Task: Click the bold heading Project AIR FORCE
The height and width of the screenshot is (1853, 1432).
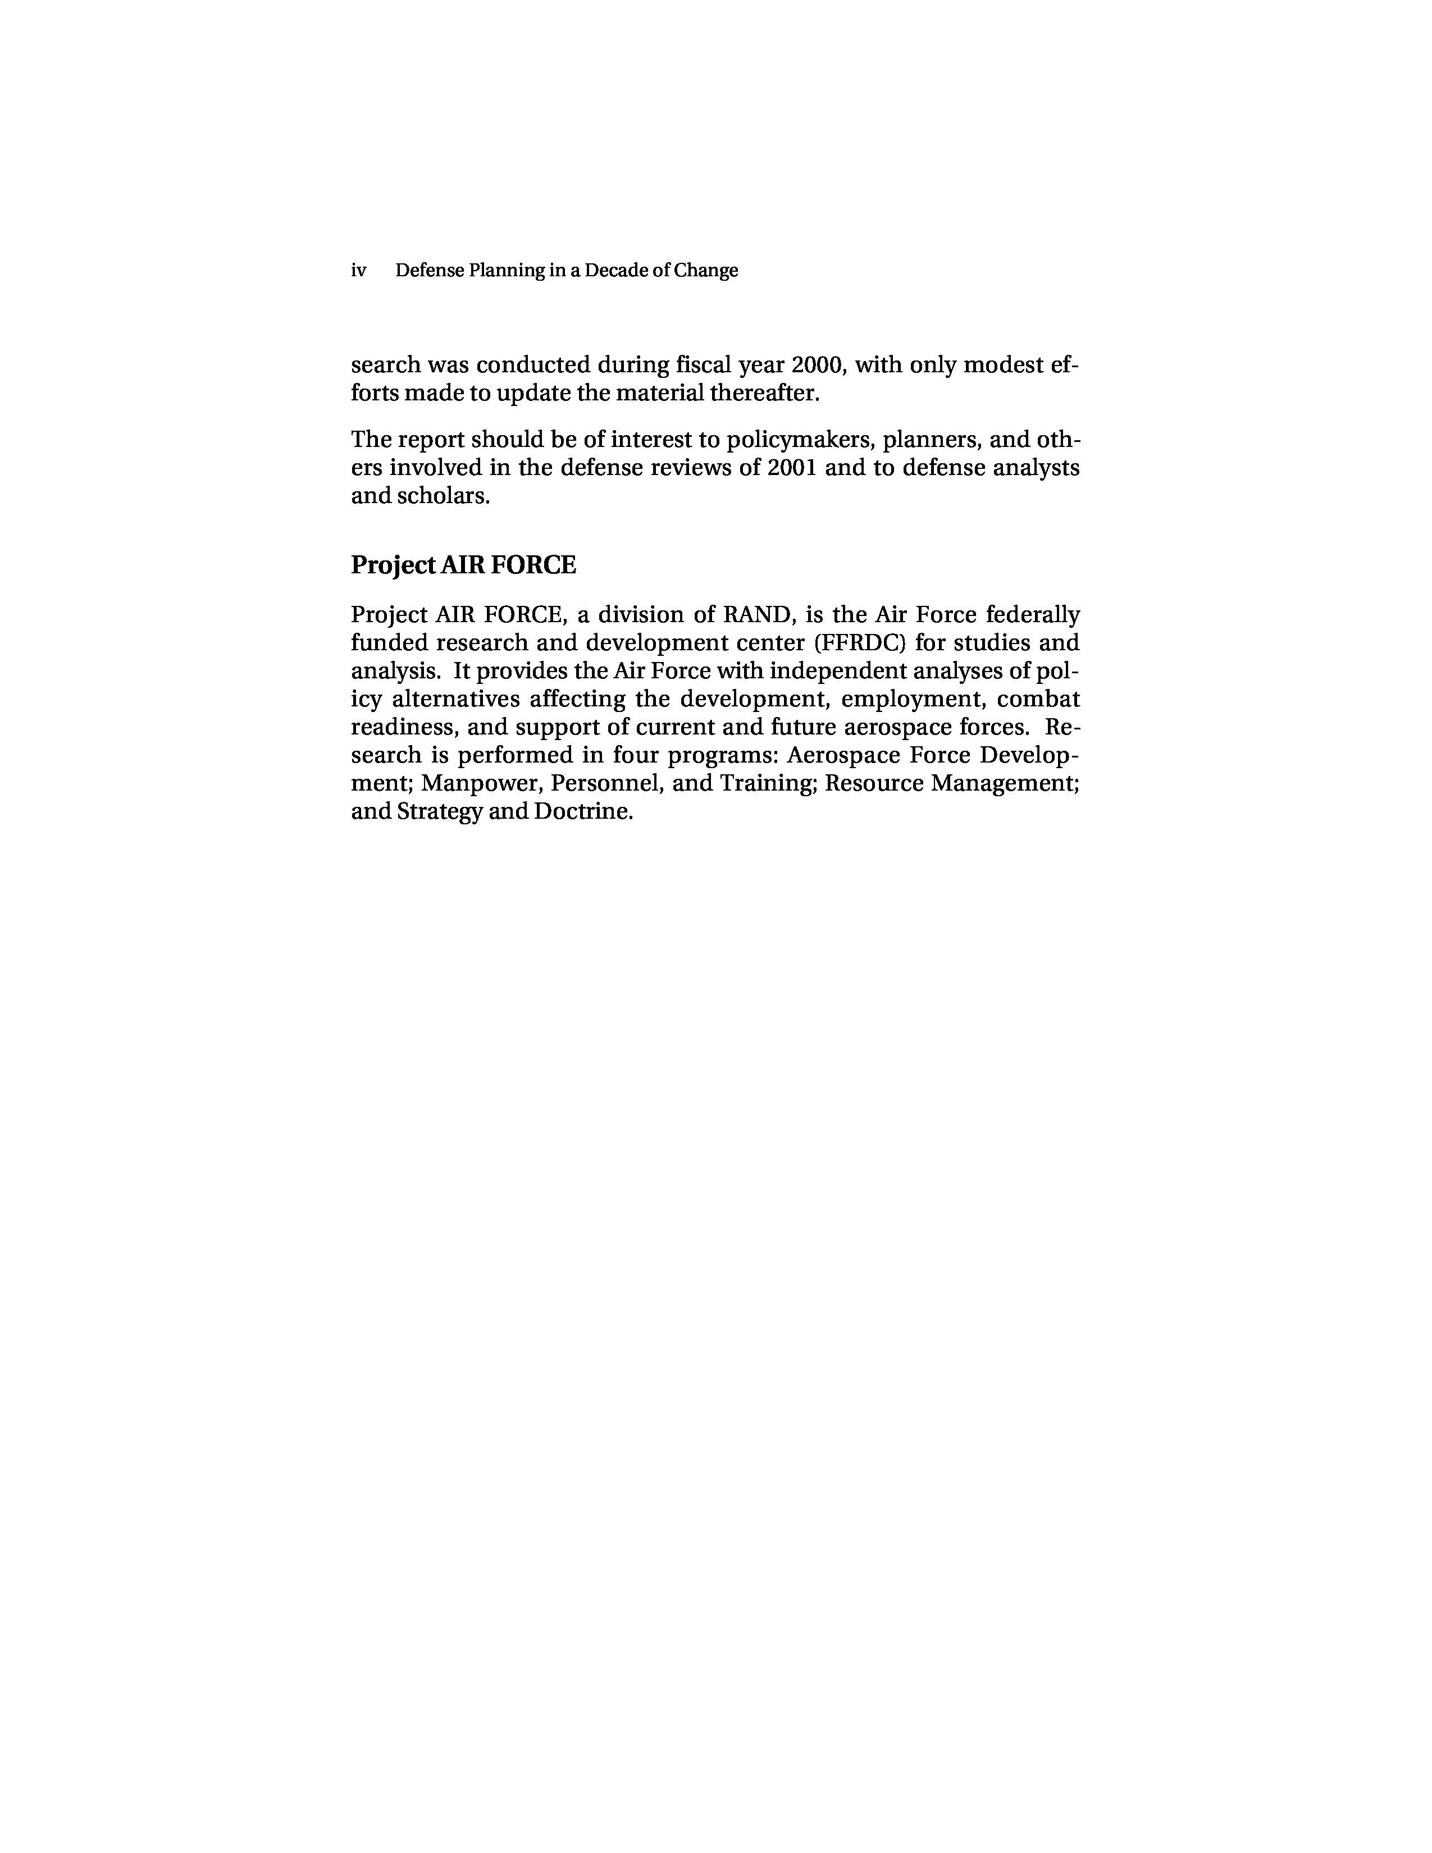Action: point(463,565)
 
